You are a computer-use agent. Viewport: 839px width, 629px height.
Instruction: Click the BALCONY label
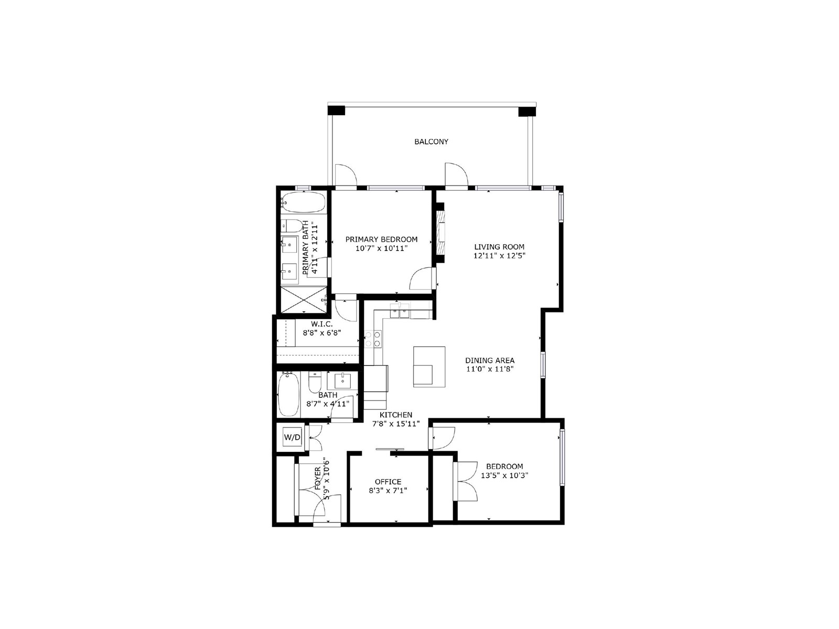pos(431,142)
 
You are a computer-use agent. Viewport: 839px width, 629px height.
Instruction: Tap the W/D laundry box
pos(292,437)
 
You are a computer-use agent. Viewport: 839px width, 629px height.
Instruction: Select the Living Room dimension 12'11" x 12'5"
pos(499,256)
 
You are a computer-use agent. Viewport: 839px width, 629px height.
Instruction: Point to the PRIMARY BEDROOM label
pos(381,240)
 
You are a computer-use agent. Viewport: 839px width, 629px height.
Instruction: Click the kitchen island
pos(429,366)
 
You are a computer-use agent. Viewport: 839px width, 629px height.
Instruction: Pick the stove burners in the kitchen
pos(373,339)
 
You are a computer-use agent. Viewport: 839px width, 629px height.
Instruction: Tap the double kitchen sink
pos(400,312)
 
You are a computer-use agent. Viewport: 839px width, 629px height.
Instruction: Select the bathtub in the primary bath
pos(304,202)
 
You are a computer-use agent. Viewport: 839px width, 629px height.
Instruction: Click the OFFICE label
pos(388,482)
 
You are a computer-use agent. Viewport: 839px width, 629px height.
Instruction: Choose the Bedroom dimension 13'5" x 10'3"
pos(504,475)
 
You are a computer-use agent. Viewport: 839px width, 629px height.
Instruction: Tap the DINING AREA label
pos(490,360)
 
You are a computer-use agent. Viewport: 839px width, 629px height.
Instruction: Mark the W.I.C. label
pos(321,324)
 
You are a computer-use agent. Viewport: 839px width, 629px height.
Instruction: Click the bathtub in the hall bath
pos(288,395)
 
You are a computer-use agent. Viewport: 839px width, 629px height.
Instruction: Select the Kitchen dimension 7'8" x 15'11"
pos(396,424)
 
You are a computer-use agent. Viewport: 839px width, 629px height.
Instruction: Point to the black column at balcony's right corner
pos(527,111)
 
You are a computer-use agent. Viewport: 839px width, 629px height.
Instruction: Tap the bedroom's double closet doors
pos(465,481)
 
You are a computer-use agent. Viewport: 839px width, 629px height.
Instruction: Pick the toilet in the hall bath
pos(315,384)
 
